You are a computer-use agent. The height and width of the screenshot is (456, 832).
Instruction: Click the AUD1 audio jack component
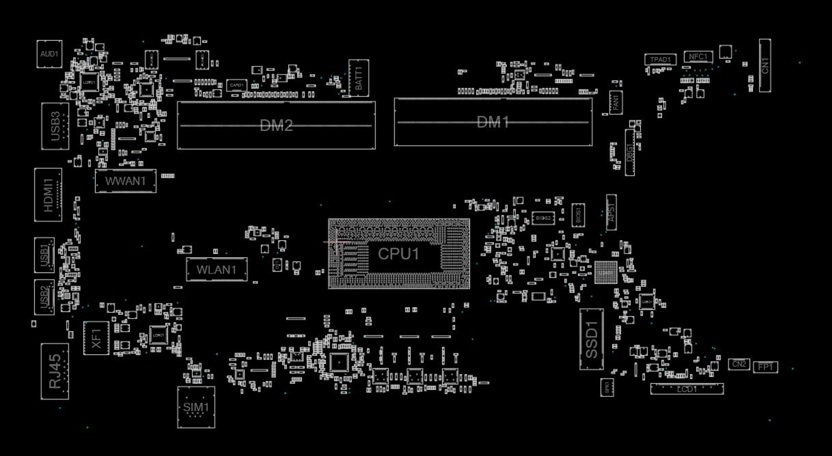50,54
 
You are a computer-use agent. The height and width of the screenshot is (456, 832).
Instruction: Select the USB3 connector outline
55,126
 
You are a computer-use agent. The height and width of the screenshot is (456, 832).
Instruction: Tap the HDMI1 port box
48,195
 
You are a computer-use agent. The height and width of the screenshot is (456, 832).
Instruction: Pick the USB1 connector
44,255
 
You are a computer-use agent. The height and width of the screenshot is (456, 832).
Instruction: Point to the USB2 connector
44,297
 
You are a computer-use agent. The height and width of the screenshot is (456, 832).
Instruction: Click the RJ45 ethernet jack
55,371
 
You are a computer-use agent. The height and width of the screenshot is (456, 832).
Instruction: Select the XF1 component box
96,338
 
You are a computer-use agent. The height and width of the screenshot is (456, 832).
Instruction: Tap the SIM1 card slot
196,407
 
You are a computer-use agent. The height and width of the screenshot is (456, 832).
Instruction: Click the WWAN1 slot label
125,181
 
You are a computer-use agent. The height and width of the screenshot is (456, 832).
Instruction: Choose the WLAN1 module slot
216,270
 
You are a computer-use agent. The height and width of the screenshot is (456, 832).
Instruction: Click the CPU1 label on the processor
399,254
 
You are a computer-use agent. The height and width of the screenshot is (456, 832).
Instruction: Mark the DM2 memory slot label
276,125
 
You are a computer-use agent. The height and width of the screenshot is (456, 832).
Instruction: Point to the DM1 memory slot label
493,122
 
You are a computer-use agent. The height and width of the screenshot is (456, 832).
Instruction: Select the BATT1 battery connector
358,78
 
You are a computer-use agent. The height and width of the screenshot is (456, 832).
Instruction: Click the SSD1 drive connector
591,340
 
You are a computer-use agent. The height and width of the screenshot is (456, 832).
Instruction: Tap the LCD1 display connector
687,389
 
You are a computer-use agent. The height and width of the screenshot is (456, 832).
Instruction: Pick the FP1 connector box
765,367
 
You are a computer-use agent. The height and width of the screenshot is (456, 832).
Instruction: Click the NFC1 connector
698,57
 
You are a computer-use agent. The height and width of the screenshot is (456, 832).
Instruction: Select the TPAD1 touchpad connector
660,60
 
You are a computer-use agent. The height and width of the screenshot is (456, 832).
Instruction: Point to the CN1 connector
765,65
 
